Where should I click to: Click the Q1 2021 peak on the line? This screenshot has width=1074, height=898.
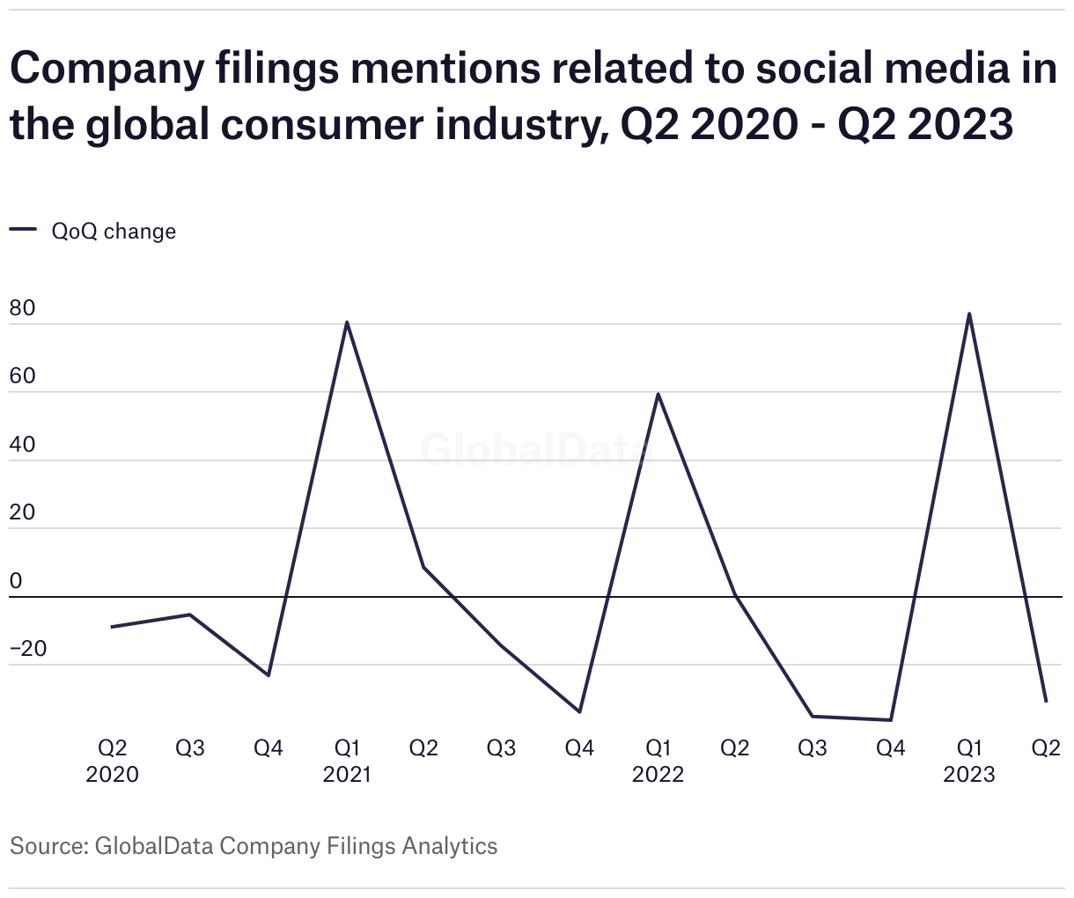click(x=347, y=322)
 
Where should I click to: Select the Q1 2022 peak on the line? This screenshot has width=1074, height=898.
click(x=658, y=394)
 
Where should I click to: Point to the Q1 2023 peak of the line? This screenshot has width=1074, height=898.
click(x=969, y=313)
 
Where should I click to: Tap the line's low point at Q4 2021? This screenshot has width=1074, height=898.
click(x=579, y=711)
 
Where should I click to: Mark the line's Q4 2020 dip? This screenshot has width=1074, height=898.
click(x=268, y=675)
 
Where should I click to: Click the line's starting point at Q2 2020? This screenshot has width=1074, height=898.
click(x=112, y=627)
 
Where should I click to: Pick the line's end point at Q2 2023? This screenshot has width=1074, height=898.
click(x=1047, y=702)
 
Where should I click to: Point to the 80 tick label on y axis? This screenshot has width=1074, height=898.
click(x=23, y=309)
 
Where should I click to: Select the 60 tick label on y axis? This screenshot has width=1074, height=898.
click(x=23, y=377)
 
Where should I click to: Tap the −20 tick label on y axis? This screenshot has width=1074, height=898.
click(x=28, y=649)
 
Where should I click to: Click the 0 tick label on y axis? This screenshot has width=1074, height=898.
click(x=16, y=581)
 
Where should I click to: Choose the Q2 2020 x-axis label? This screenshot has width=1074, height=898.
click(x=112, y=761)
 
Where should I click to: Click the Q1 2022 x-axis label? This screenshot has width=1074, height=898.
click(x=658, y=761)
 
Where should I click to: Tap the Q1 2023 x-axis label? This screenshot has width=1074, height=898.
click(x=969, y=761)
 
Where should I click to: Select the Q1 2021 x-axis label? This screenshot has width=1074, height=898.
click(x=347, y=761)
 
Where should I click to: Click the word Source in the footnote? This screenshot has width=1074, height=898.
click(x=46, y=846)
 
